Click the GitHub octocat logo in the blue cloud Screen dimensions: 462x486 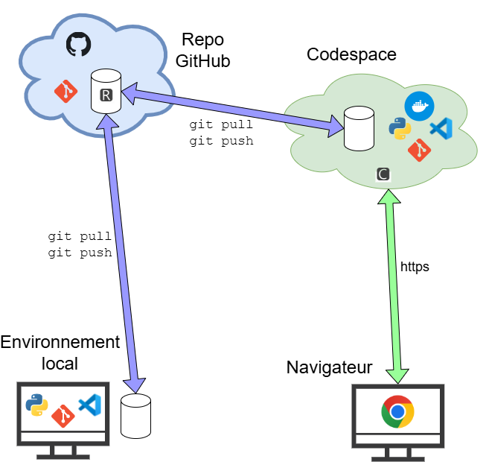pos(77,44)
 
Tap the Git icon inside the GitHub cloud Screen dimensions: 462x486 pos(65,92)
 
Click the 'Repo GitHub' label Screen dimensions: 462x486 pos(202,50)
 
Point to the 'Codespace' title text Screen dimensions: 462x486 pos(351,54)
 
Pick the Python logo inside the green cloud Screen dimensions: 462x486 pos(400,129)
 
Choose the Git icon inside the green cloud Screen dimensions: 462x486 pos(420,150)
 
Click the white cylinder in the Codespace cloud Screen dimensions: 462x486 pos(358,128)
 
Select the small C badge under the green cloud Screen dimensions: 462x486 pos(383,174)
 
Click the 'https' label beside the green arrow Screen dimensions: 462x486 pos(415,266)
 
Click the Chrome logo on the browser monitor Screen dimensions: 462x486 pos(397,411)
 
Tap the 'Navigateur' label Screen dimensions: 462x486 pos(329,367)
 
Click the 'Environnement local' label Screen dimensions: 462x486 pos(60,352)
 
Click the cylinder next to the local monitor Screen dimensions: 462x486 pos(135,416)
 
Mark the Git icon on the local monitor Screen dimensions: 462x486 pos(63,415)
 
